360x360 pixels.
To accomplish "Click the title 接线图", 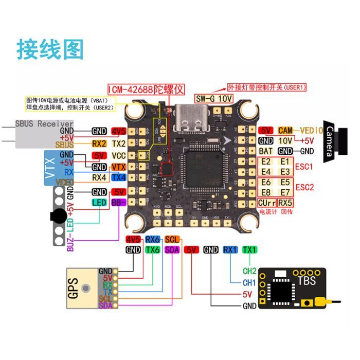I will point(50,49).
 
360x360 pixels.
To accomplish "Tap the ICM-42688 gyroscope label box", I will point(146,88).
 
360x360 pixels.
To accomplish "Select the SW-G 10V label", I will point(214,98).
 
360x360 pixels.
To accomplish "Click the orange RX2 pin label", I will point(99,143).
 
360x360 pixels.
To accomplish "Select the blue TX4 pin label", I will point(119,177).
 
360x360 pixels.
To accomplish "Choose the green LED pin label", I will point(99,203).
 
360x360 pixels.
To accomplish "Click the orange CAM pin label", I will point(285,130).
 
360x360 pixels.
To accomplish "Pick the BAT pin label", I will point(266,151).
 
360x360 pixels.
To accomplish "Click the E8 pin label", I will point(266,192).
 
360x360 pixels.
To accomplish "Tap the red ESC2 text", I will point(304,187).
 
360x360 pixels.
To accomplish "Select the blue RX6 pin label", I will point(153,239).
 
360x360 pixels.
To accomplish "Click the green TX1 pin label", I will point(250,249).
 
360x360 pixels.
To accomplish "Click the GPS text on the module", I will point(73,289).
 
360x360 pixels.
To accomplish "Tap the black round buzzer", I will point(57,216).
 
